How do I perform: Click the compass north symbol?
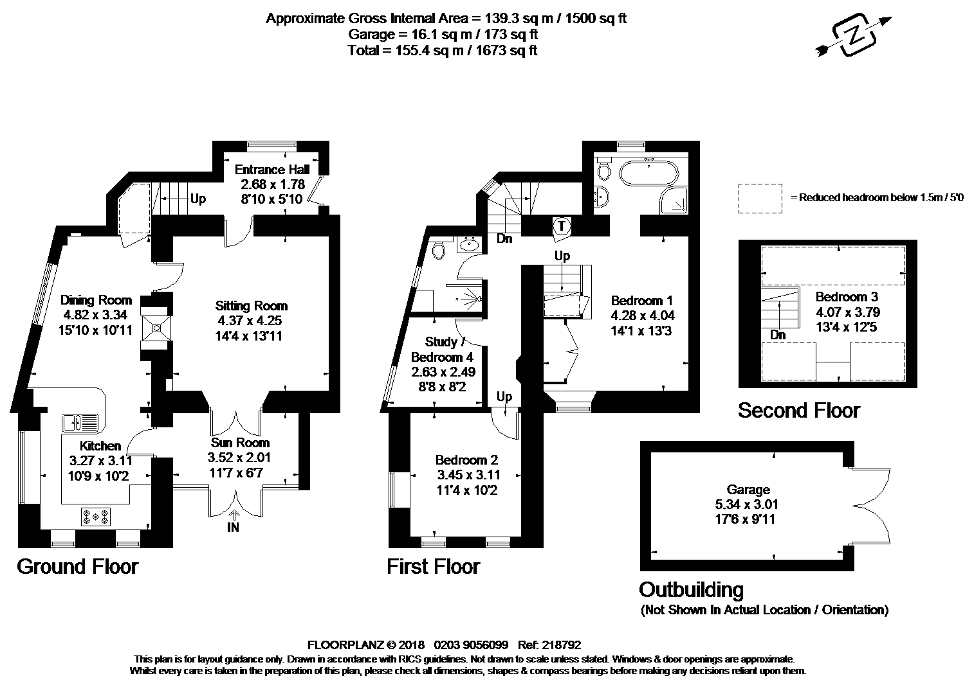click(854, 36)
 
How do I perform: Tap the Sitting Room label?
click(251, 306)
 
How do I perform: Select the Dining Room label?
click(96, 300)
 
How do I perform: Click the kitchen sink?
click(80, 422)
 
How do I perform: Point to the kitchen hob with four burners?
click(96, 517)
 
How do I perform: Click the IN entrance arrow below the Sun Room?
click(235, 515)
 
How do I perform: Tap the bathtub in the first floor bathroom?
click(648, 173)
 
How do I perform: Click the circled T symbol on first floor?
click(562, 226)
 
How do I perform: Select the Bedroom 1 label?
click(642, 300)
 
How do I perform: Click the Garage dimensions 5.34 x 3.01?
click(746, 504)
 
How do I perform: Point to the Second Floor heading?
click(799, 410)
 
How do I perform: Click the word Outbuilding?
click(691, 589)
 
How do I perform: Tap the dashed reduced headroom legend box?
click(760, 199)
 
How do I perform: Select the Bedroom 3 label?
click(847, 296)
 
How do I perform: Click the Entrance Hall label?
click(272, 170)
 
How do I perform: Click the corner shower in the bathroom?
click(674, 200)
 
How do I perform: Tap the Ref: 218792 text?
click(549, 645)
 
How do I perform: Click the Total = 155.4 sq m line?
click(443, 50)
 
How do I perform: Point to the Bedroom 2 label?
click(466, 460)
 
